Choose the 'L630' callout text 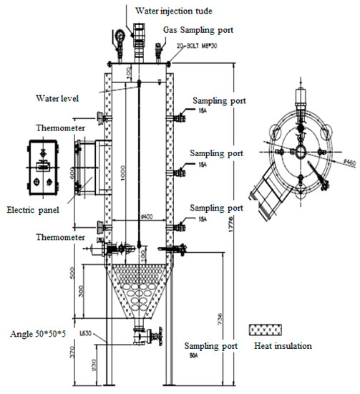(x=104, y=329)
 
